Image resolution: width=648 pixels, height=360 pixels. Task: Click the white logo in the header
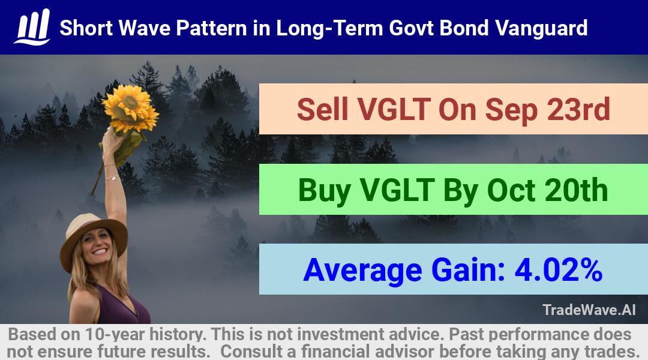point(32,27)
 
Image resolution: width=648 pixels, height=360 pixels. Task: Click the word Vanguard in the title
point(541,28)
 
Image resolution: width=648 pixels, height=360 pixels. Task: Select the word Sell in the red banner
point(322,109)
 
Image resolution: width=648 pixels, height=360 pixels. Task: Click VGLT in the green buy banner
point(397,190)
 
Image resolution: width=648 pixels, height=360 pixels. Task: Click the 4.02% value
point(559,269)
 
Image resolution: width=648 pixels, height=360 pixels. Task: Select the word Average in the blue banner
point(362,271)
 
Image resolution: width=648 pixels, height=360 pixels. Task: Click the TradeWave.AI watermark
point(589,310)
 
